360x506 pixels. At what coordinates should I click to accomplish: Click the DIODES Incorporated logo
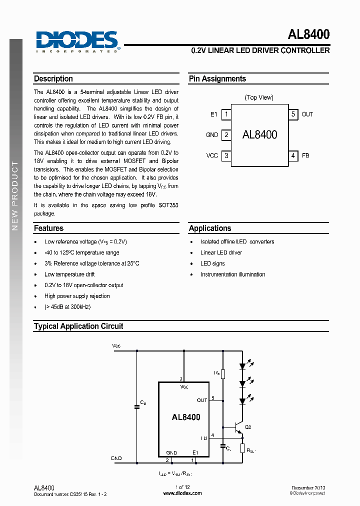[77, 41]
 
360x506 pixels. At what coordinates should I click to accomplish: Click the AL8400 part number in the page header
[308, 34]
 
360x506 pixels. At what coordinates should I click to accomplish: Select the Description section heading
[53, 79]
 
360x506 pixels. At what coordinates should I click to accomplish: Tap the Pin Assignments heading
[217, 79]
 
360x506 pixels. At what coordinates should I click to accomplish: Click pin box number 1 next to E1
[226, 114]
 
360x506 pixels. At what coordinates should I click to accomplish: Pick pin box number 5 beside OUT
[293, 114]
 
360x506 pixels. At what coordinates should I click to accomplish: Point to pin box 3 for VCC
[226, 155]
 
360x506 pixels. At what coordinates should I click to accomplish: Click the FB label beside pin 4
[305, 155]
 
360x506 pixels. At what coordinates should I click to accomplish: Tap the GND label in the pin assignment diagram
[212, 135]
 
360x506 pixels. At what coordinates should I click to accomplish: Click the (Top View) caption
[259, 97]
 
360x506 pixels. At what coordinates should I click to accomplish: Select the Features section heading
[48, 228]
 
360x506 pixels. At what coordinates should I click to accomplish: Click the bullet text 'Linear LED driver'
[221, 252]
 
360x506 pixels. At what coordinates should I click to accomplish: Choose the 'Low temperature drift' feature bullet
[69, 274]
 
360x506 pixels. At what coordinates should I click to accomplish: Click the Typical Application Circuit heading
[78, 326]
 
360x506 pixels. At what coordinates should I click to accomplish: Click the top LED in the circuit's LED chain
[242, 366]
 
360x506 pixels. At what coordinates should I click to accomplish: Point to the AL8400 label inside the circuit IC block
[186, 417]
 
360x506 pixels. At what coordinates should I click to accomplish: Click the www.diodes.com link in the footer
[182, 493]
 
